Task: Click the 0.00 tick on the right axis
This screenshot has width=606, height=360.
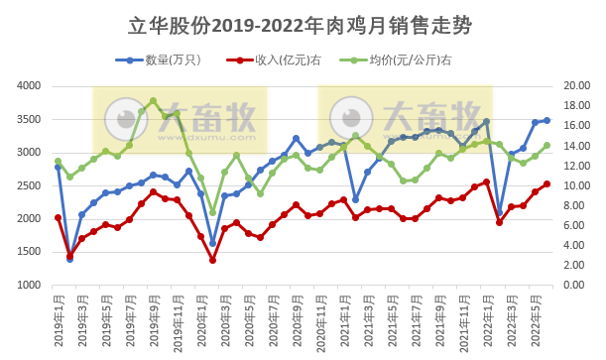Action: point(578,286)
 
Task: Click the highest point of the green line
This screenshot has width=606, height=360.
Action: point(153,100)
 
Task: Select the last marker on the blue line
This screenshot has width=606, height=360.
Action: point(546,120)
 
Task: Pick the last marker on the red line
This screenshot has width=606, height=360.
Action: point(546,183)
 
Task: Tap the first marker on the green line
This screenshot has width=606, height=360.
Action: point(58,161)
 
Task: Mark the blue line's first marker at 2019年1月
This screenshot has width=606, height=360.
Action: point(58,167)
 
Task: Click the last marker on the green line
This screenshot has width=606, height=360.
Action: point(546,146)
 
